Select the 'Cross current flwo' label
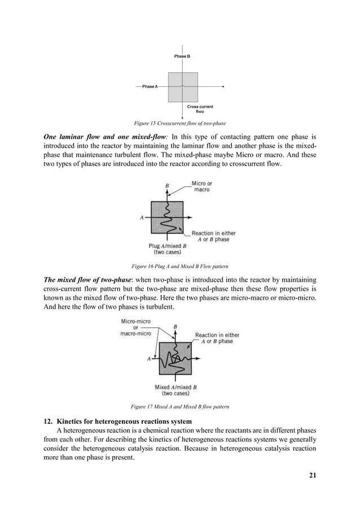point(200,109)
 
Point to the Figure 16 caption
point(179,265)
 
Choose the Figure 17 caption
point(179,406)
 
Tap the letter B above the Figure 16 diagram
point(166,185)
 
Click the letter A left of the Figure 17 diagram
point(150,358)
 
